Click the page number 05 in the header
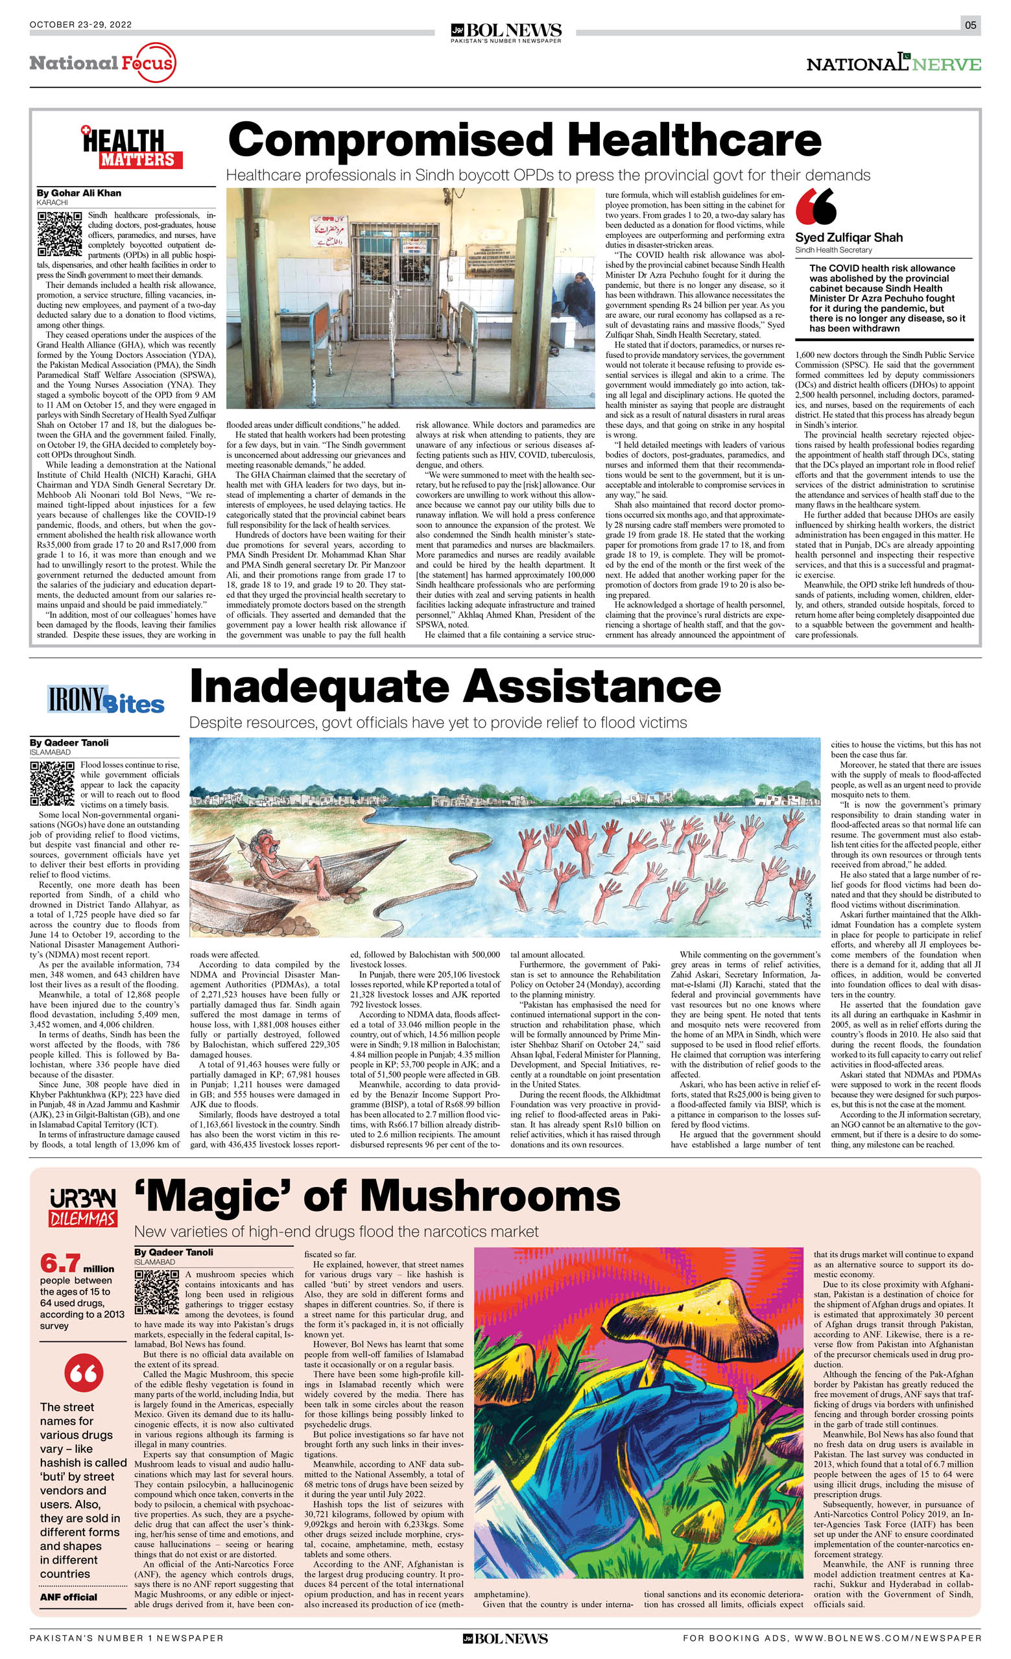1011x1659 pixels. (970, 25)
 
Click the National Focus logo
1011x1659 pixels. (102, 64)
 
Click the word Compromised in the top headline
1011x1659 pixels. (390, 141)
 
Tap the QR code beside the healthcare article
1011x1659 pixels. (60, 234)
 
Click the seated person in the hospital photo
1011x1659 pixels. (580, 296)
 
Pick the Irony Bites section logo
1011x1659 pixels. (106, 700)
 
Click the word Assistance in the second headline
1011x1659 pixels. (592, 686)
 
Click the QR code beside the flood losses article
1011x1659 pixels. (53, 784)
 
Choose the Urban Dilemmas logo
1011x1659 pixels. (83, 1208)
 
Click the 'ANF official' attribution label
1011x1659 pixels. (68, 1597)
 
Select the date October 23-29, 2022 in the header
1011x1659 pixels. (81, 25)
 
